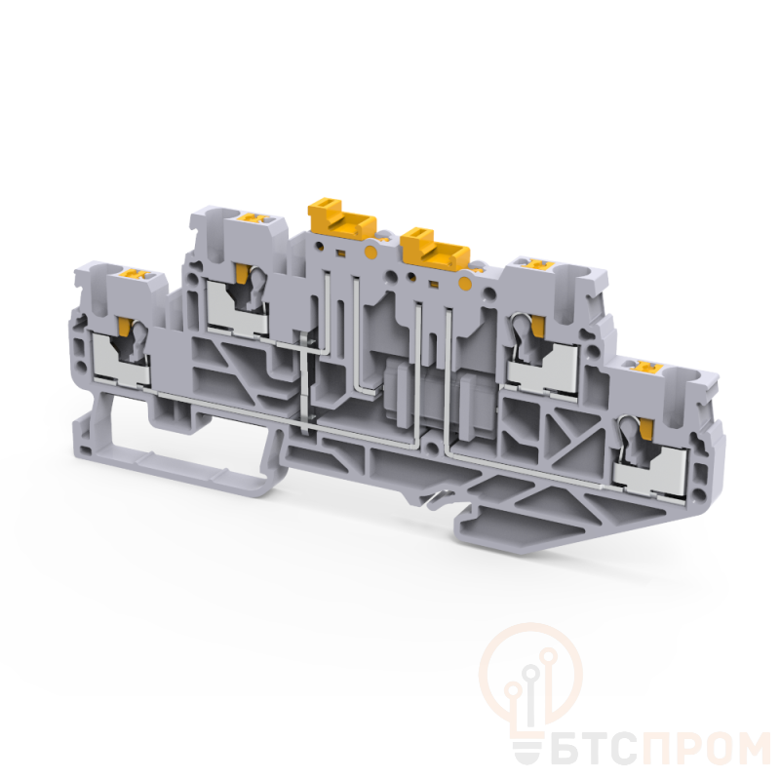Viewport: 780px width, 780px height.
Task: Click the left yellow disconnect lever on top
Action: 341,219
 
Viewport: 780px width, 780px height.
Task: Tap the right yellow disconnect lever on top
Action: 437,247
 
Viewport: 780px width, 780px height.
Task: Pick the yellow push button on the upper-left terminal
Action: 253,217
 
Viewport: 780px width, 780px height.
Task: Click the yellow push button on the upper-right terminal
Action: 537,261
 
